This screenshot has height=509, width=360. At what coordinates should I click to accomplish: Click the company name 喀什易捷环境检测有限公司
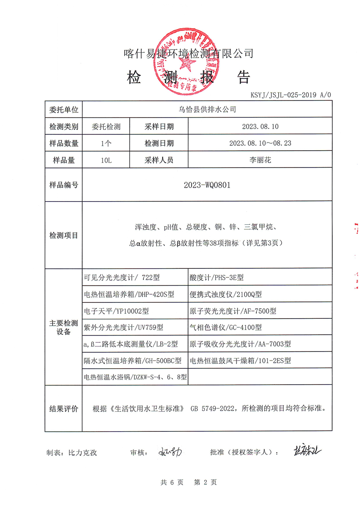tap(188, 54)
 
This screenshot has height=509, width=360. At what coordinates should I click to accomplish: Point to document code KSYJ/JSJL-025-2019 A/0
tap(291, 95)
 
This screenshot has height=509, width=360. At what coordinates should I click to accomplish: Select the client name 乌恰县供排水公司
tap(207, 109)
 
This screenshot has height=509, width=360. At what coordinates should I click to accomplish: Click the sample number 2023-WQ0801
tap(207, 185)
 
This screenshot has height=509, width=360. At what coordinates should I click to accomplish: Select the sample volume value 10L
tap(106, 160)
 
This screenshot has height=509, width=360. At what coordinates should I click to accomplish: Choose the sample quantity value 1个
tap(106, 143)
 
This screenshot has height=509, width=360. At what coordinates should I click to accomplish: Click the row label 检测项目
tap(64, 235)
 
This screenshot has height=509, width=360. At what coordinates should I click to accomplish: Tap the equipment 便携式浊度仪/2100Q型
tap(226, 294)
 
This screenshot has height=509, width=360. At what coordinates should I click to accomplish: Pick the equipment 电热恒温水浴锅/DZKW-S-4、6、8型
tap(135, 377)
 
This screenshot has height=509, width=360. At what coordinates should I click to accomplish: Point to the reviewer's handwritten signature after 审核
tap(170, 452)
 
